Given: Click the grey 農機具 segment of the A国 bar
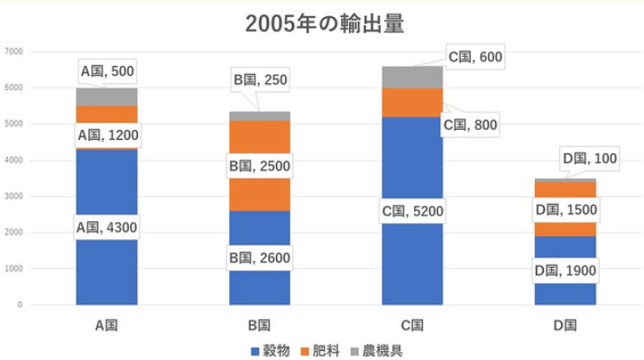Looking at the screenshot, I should pyautogui.click(x=106, y=97).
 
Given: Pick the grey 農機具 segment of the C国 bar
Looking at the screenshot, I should pyautogui.click(x=412, y=78).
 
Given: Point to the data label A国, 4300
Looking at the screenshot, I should pyautogui.click(x=106, y=227).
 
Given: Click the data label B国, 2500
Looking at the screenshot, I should pyautogui.click(x=260, y=167).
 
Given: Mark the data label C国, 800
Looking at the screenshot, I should pyautogui.click(x=468, y=125).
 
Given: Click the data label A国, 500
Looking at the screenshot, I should pyautogui.click(x=107, y=69).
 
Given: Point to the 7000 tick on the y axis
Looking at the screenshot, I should pyautogui.click(x=14, y=51).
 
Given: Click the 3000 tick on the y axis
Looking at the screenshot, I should pyautogui.click(x=14, y=197).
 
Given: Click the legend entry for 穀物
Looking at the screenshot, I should pyautogui.click(x=269, y=348).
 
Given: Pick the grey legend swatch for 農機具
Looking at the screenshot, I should pyautogui.click(x=354, y=349).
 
